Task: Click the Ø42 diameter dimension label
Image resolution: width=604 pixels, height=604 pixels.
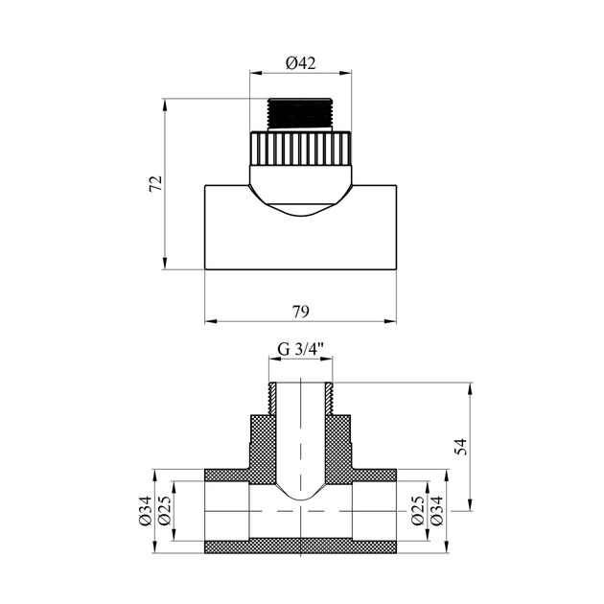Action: click(300, 62)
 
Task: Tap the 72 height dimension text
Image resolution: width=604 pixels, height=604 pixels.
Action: click(156, 184)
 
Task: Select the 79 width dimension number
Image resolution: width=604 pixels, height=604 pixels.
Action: click(300, 312)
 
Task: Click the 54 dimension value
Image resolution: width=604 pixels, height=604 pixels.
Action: click(461, 447)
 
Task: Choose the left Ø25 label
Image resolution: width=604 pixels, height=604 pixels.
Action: click(164, 511)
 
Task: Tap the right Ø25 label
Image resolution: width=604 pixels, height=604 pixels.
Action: click(418, 511)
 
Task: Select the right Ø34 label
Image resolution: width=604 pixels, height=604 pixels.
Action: click(436, 511)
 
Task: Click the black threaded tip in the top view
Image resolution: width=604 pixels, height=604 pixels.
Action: click(300, 114)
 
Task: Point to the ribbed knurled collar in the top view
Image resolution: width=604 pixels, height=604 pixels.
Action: click(300, 149)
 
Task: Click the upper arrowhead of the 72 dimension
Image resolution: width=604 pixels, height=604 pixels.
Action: click(165, 105)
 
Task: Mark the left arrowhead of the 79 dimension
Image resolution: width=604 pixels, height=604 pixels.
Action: click(210, 321)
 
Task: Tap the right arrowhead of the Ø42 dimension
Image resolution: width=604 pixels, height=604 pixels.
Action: click(345, 72)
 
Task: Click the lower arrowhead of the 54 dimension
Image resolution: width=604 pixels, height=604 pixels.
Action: click(470, 504)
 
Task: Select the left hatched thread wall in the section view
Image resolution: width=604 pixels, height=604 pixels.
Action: click(272, 399)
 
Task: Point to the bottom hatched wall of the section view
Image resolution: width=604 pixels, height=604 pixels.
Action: click(300, 546)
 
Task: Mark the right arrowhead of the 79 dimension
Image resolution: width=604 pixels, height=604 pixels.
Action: click(390, 321)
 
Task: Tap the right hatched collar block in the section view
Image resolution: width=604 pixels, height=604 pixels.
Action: click(338, 443)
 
